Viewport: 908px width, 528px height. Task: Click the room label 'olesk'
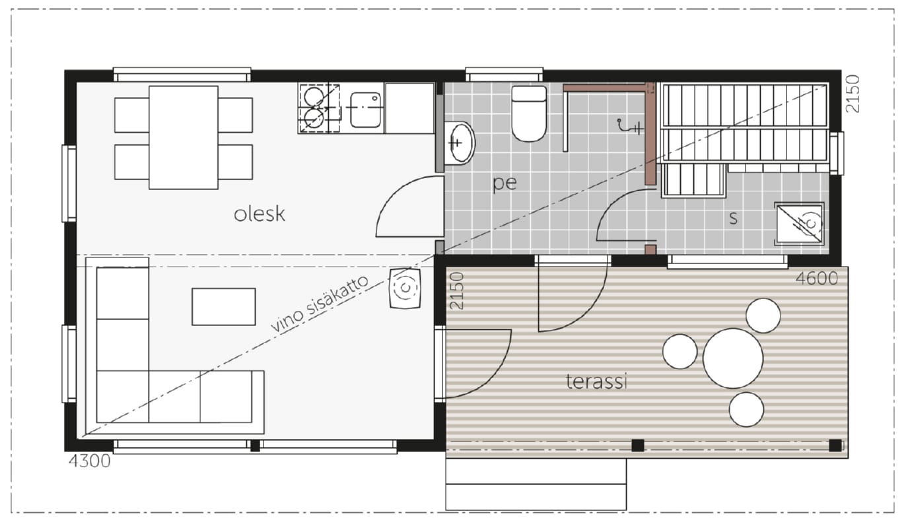[260, 214]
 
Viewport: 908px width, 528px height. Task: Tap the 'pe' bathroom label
[505, 183]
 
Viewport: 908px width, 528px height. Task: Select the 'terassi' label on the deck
[597, 381]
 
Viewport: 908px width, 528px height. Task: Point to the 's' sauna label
[733, 218]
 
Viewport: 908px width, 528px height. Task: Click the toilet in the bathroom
[529, 114]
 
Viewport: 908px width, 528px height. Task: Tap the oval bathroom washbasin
[459, 143]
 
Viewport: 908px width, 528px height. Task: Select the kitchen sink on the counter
[365, 110]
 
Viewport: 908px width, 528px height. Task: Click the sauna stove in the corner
[799, 224]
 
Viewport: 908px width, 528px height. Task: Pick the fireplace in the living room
[405, 288]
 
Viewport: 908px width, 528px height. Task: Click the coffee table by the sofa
[224, 307]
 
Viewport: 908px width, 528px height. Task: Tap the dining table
[184, 137]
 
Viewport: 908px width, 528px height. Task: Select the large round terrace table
[733, 358]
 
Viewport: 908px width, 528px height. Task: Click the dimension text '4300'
[90, 461]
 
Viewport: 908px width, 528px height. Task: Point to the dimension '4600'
[816, 279]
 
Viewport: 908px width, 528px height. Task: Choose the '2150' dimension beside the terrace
[457, 290]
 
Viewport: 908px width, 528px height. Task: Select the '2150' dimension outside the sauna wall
[853, 93]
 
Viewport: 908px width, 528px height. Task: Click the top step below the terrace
[536, 471]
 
